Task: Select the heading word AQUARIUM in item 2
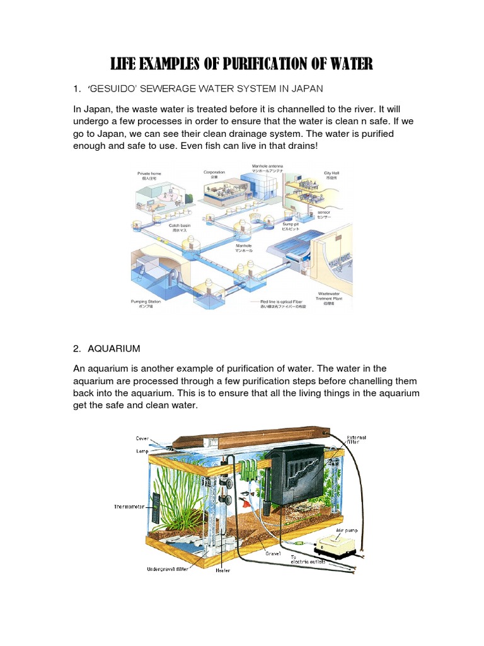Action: tap(114, 348)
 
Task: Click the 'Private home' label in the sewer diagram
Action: tap(149, 172)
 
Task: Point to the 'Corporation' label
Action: tap(214, 172)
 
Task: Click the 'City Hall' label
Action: tap(331, 172)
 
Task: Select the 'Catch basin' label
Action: tap(179, 225)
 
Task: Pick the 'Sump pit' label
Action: tap(291, 224)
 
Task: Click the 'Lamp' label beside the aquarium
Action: tap(142, 452)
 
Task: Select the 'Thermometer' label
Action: tap(130, 507)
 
